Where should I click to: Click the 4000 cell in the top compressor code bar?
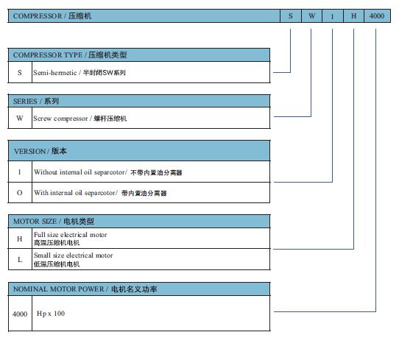tap(377, 15)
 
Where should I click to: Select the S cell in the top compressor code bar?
tap(291, 15)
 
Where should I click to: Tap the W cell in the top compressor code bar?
tap(312, 15)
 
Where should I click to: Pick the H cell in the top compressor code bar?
tap(353, 15)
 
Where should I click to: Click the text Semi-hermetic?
tap(54, 72)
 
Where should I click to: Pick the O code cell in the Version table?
tap(20, 192)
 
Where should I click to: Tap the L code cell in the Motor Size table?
tap(20, 259)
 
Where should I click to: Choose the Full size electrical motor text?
tap(71, 235)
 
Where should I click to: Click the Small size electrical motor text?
tap(73, 255)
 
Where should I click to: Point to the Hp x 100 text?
tap(51, 314)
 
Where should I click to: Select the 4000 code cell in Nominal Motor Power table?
tap(20, 314)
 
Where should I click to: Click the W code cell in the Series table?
tap(20, 119)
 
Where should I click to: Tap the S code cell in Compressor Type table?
tap(20, 72)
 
